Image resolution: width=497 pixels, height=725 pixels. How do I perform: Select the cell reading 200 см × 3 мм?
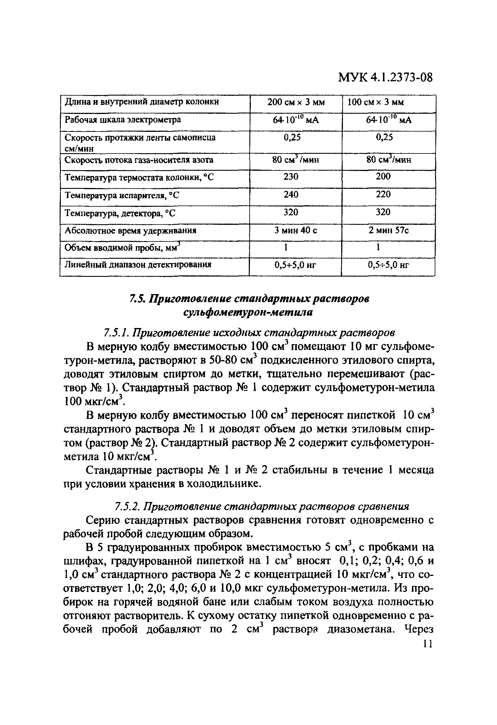[x=296, y=102]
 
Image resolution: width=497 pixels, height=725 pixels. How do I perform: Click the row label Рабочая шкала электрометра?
[x=122, y=120]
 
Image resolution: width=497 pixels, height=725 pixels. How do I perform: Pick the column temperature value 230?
[x=291, y=177]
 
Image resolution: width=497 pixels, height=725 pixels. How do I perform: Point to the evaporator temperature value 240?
[x=291, y=194]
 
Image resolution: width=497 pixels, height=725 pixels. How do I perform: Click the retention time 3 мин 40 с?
[x=296, y=231]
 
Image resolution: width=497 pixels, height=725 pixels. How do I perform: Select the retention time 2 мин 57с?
[x=389, y=231]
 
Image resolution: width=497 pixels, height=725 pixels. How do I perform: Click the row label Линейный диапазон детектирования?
[x=138, y=265]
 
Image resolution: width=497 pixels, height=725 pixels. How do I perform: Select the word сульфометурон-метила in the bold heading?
[x=248, y=312]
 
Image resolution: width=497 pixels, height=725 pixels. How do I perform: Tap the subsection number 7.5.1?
[x=116, y=333]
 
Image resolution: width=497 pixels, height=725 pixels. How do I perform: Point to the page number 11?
[x=427, y=643]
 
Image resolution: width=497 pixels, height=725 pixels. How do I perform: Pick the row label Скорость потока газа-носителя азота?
[x=139, y=160]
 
